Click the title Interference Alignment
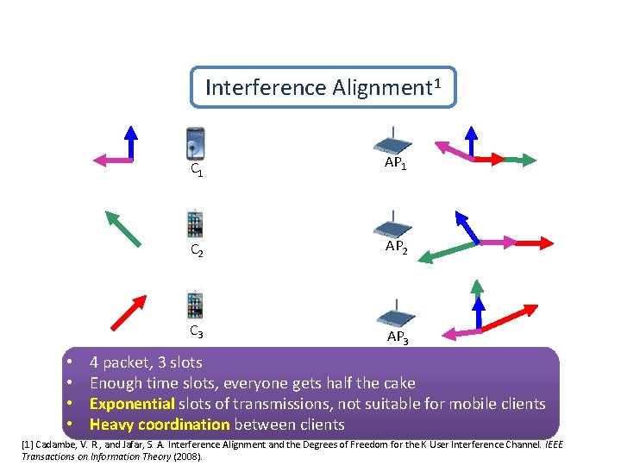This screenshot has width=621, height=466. coord(323,87)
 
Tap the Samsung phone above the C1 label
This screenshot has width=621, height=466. coord(196,143)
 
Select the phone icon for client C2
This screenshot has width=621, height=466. coord(196,224)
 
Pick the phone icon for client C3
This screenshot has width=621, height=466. coord(196,305)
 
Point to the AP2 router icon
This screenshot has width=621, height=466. coord(392,225)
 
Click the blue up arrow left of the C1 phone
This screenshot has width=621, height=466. coord(130,143)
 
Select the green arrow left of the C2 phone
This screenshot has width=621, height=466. coord(122,230)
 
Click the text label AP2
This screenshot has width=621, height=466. coord(398,245)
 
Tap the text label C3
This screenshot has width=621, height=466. coord(197,331)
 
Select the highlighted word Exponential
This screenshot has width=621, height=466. coord(132,404)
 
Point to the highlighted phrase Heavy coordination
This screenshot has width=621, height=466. coord(160,425)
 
